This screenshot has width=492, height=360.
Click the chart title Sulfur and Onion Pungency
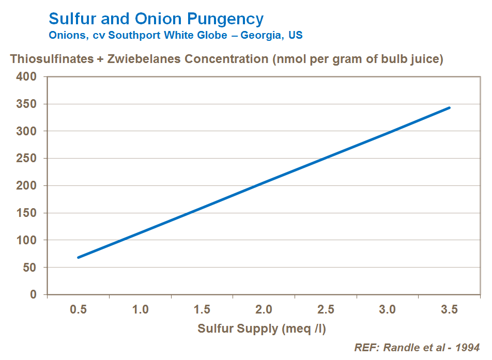click(156, 19)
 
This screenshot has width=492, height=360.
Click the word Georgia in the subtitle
click(259, 36)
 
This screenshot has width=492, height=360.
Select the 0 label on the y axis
click(35, 295)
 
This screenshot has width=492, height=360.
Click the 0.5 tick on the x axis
click(79, 309)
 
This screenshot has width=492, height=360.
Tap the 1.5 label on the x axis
click(202, 309)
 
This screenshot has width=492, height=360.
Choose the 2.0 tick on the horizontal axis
click(264, 309)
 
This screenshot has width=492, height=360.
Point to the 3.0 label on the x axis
click(387, 309)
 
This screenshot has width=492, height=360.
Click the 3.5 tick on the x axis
click(449, 309)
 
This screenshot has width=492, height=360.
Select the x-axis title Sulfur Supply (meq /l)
click(262, 329)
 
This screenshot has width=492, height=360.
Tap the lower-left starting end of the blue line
click(79, 257)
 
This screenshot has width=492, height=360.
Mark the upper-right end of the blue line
click(449, 108)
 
